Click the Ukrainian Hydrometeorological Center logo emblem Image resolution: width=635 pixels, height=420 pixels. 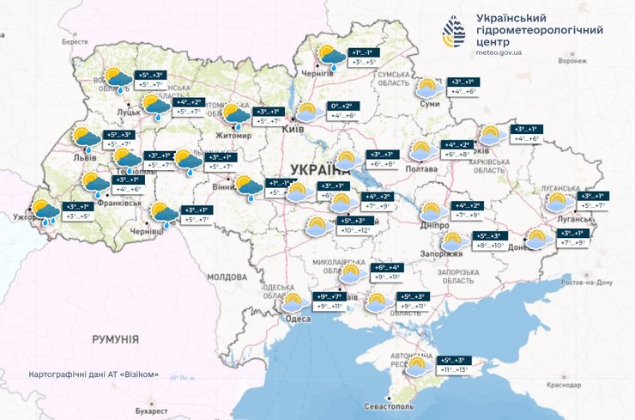(455, 32)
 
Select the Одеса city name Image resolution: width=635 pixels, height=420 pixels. (298, 319)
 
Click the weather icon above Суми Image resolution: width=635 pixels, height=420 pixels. (428, 88)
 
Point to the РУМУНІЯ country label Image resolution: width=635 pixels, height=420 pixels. (116, 340)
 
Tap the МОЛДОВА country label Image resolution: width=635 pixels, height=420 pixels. (227, 277)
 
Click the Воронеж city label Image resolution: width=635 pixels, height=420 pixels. (571, 61)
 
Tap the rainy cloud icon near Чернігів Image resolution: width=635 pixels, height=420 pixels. (329, 58)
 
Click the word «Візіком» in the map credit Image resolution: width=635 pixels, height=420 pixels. (140, 375)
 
